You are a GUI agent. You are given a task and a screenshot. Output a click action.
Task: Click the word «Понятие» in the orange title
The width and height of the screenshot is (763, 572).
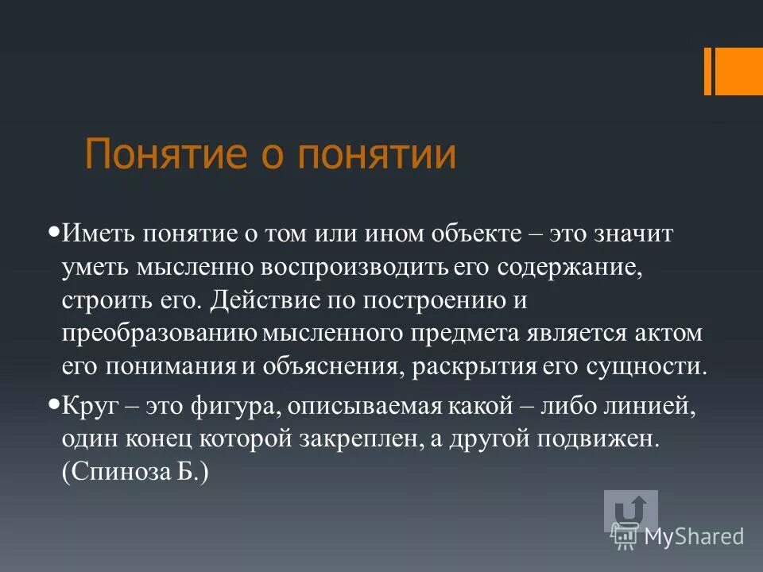(x=152, y=155)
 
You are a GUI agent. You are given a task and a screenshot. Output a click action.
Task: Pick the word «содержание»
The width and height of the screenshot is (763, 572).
(x=566, y=268)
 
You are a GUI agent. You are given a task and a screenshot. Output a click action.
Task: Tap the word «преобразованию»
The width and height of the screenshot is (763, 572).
(x=157, y=334)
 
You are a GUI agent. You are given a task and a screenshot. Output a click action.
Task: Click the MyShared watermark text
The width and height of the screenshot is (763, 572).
(x=694, y=537)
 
